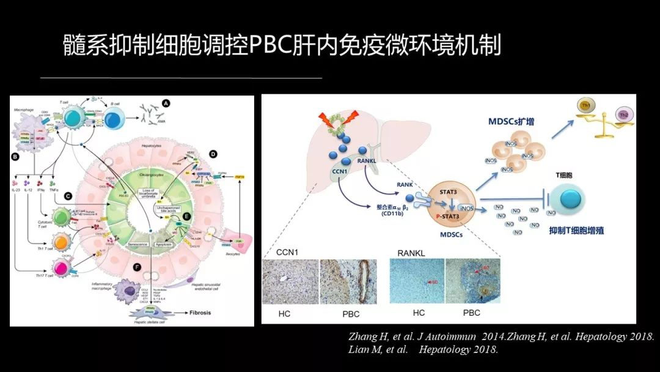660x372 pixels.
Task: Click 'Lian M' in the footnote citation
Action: [x=365, y=350]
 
